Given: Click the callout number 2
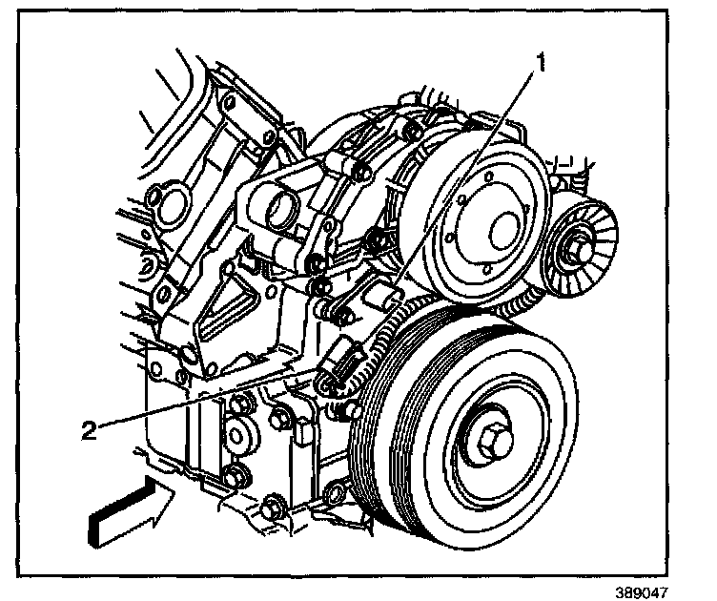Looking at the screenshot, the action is click(88, 431).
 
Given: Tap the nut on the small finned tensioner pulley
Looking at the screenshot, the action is click(577, 251).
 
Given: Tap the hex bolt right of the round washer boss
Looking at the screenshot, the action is click(280, 416).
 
